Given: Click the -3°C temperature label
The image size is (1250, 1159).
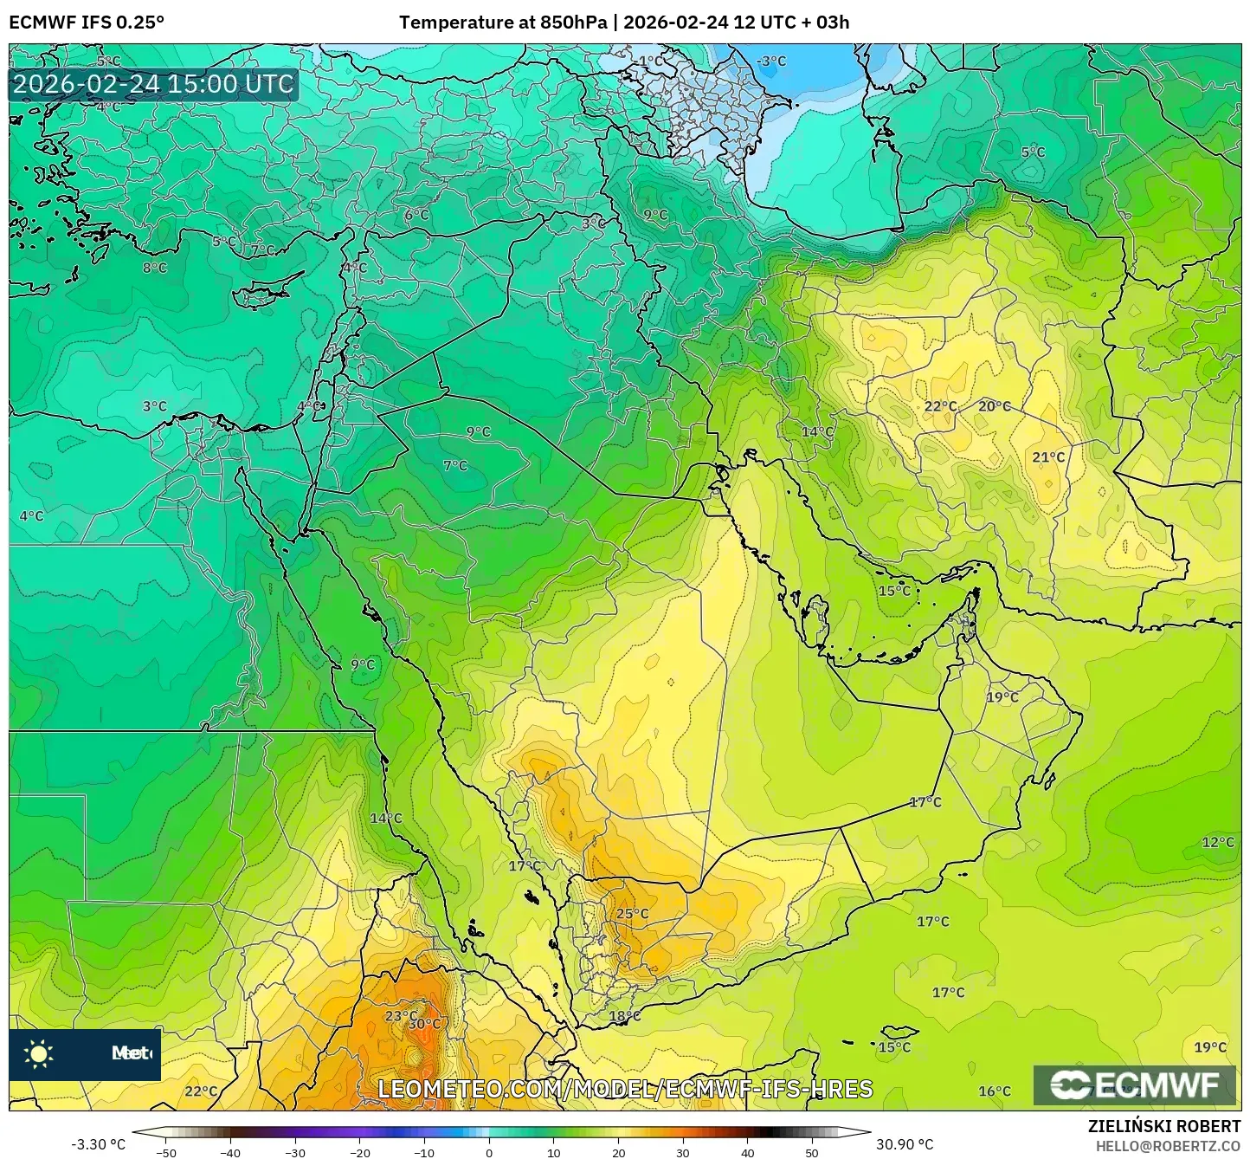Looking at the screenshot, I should click(x=771, y=62).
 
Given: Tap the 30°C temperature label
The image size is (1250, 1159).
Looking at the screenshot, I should click(x=424, y=1023).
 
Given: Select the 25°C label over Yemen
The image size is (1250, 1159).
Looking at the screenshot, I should click(x=632, y=914).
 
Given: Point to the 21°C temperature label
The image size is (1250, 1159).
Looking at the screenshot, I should click(x=1048, y=457).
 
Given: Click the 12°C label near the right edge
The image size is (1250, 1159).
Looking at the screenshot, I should click(x=1218, y=842).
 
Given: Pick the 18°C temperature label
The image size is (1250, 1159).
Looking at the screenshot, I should click(x=625, y=1016).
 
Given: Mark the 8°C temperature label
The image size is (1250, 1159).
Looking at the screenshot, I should click(x=155, y=269).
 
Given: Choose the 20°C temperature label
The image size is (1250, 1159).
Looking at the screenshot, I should click(x=995, y=406).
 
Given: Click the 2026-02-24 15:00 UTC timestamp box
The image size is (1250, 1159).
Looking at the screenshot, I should click(x=153, y=84).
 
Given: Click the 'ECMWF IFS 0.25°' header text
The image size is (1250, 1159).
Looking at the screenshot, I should click(x=87, y=23).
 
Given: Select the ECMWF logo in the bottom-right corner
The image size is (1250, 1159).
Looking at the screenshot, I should click(x=1135, y=1085).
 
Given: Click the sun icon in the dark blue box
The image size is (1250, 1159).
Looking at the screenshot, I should click(x=39, y=1054).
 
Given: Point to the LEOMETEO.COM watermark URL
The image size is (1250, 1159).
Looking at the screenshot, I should click(x=625, y=1089).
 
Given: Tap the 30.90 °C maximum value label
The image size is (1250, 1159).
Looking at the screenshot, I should click(x=904, y=1144).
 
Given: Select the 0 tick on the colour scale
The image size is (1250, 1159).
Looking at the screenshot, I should click(x=489, y=1153).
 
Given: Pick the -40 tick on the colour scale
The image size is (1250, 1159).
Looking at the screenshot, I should click(x=230, y=1153).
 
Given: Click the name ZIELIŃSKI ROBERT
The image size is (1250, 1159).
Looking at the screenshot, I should click(x=1163, y=1126).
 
